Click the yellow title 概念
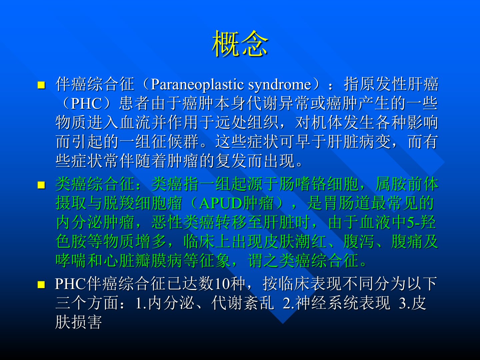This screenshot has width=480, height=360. [240, 43]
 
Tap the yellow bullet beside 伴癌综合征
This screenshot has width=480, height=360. [41, 85]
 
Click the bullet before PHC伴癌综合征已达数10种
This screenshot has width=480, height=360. [41, 285]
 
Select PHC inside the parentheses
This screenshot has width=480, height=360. [86, 104]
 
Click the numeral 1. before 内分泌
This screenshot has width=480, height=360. [141, 303]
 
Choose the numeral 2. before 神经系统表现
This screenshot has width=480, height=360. [289, 303]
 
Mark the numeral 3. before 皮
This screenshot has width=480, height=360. [405, 303]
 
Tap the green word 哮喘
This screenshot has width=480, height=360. [71, 261]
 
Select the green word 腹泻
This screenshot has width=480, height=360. [359, 242]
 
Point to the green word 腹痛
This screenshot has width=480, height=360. [407, 242]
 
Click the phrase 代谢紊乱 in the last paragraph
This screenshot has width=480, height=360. [243, 303]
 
